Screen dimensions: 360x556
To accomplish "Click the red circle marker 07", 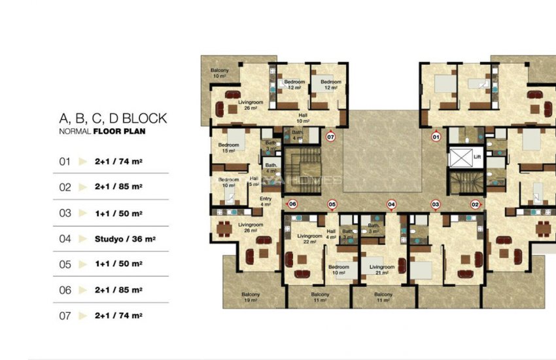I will click(330, 137).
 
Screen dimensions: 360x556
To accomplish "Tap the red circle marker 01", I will click(436, 137).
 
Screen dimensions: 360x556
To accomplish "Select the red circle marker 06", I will click(292, 204).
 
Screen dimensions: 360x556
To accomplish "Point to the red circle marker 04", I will click(392, 204).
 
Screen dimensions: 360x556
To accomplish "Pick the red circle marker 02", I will click(476, 204).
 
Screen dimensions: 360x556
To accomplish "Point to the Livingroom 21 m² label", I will click(382, 270).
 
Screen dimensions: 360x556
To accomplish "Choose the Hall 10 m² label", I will click(303, 118).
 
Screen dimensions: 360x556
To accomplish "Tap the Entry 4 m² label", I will click(266, 201).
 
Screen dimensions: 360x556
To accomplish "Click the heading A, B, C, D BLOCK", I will click(113, 118).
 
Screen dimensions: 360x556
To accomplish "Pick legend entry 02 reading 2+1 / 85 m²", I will click(118, 187).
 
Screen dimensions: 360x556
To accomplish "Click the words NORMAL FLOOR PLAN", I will click(102, 132).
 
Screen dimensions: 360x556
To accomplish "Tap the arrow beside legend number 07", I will click(82, 315).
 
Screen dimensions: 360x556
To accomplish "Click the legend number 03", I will click(65, 213).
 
